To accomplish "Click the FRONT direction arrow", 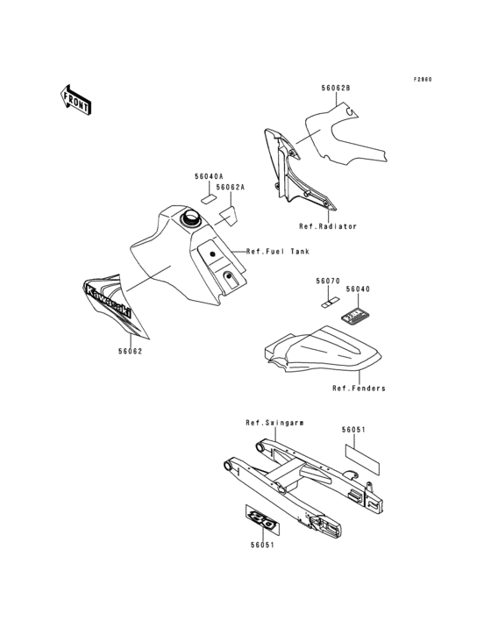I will (76, 98).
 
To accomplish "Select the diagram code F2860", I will (423, 80).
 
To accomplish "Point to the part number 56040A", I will (209, 176).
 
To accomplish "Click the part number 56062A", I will (231, 188).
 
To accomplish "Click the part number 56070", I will (327, 282).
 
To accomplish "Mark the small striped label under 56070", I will (326, 302).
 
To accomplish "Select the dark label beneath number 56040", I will (356, 312).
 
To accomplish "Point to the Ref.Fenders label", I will (359, 388).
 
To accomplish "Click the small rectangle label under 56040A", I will (210, 199).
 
